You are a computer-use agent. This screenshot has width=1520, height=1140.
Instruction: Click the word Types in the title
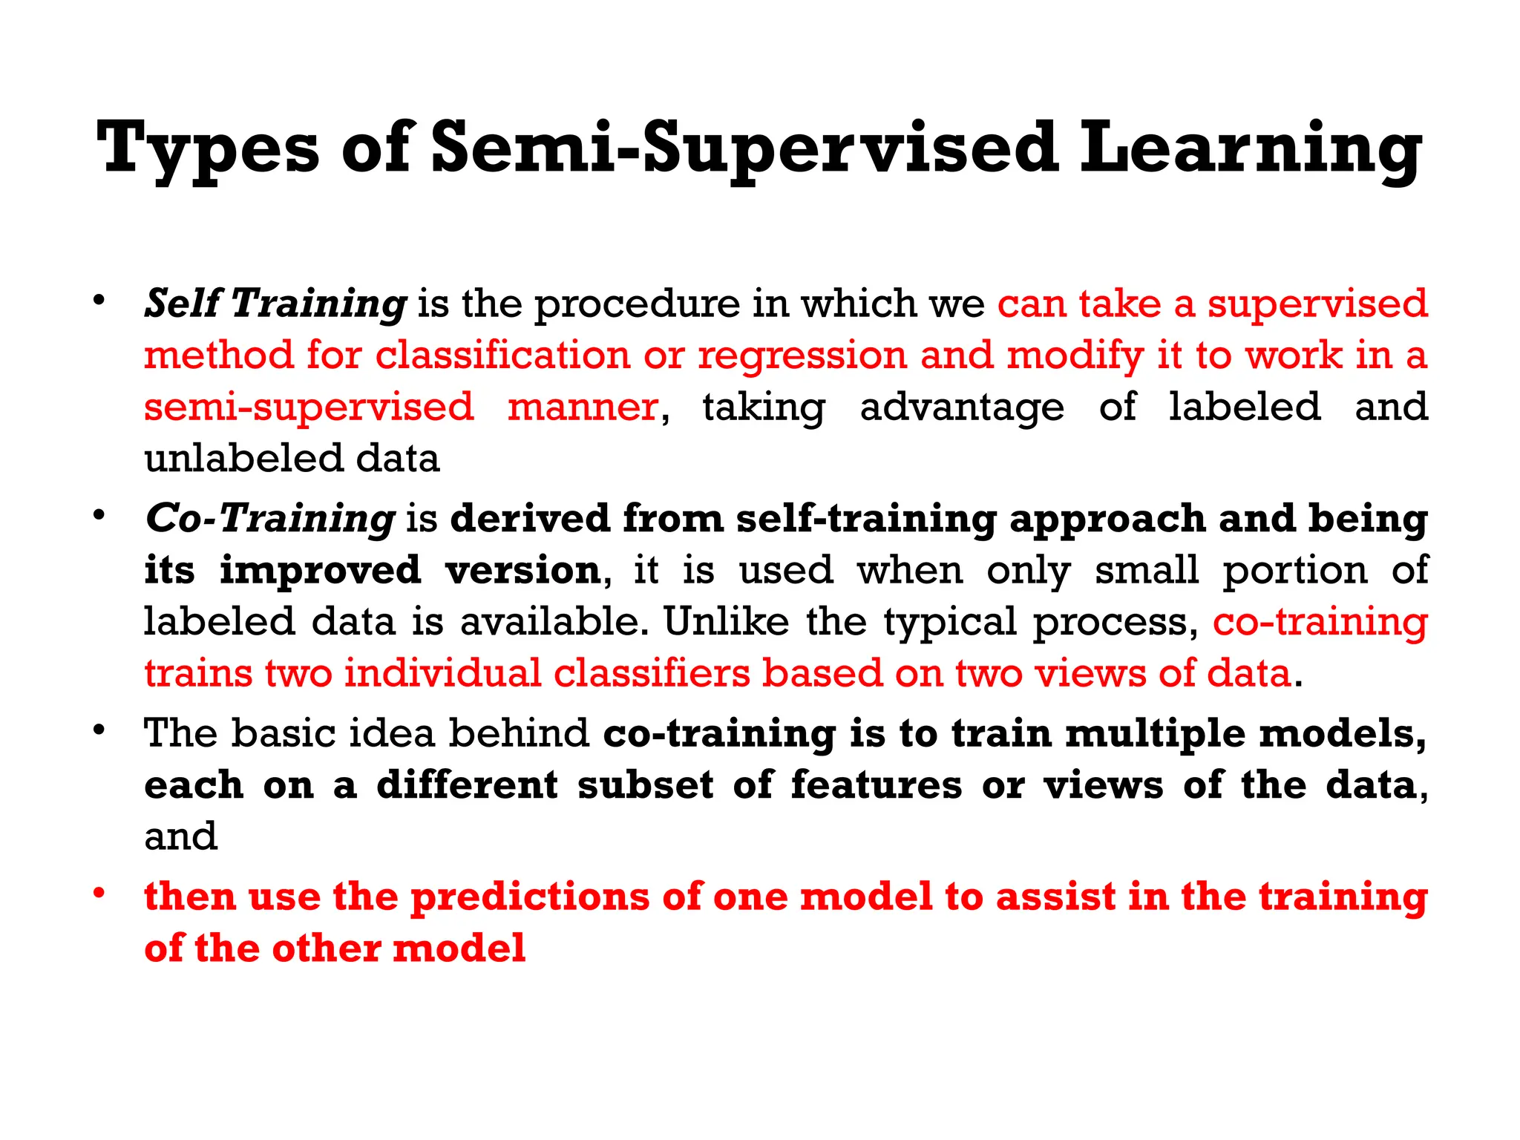pyautogui.click(x=208, y=148)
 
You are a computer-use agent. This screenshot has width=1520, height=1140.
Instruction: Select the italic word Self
pyautogui.click(x=183, y=304)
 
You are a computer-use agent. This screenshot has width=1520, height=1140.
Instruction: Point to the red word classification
pyautogui.click(x=502, y=355)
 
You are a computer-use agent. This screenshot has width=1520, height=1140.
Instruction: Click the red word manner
pyautogui.click(x=583, y=407)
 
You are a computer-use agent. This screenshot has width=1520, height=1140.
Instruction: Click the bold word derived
pyautogui.click(x=530, y=518)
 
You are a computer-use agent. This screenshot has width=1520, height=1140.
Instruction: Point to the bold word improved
pyautogui.click(x=321, y=571)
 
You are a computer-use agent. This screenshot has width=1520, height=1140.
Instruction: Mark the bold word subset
pyautogui.click(x=646, y=785)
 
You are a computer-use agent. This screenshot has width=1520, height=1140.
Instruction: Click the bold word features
pyautogui.click(x=877, y=785)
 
